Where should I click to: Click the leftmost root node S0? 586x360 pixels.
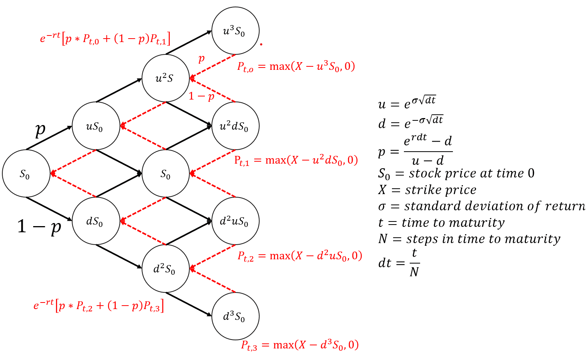tap(26, 174)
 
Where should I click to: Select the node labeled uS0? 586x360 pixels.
tap(96, 126)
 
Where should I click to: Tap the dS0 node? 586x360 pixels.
tap(96, 221)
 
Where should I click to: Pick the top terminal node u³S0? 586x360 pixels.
tap(235, 31)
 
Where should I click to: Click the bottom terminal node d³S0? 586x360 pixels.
tap(235, 316)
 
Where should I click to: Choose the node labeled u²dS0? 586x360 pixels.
tap(235, 126)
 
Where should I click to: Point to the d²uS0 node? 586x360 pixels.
tap(235, 221)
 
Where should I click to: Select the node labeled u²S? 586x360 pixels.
tap(165, 78)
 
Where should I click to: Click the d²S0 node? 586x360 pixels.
tap(165, 269)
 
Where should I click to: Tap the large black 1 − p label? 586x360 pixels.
tap(39, 226)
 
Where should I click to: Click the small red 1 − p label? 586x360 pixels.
tap(201, 96)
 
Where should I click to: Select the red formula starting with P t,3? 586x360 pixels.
tap(300, 345)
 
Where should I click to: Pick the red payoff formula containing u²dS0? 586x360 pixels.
tap(296, 160)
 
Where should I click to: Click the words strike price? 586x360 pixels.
tap(441, 190)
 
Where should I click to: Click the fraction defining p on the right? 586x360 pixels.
tap(428, 151)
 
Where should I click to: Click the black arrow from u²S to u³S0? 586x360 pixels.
tap(189, 42)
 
